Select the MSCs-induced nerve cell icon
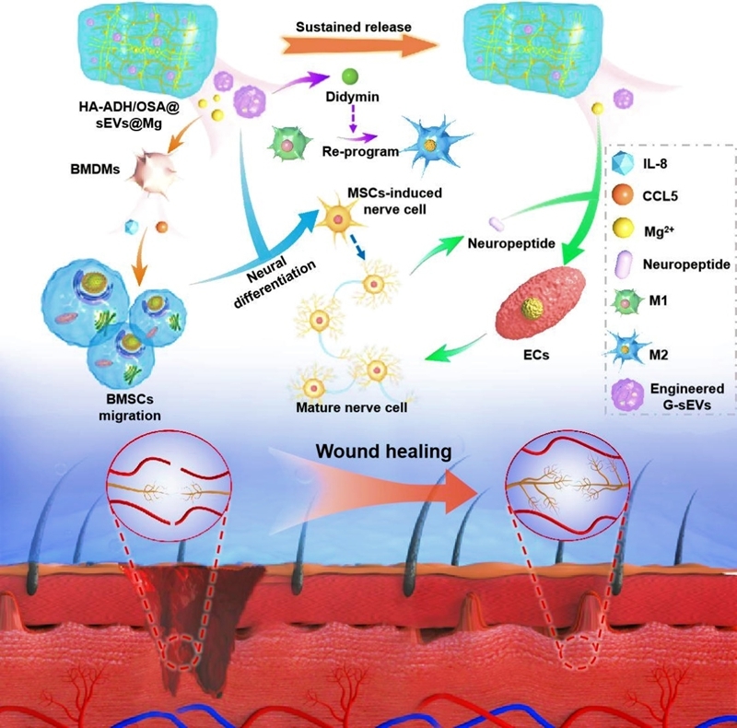340,217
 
